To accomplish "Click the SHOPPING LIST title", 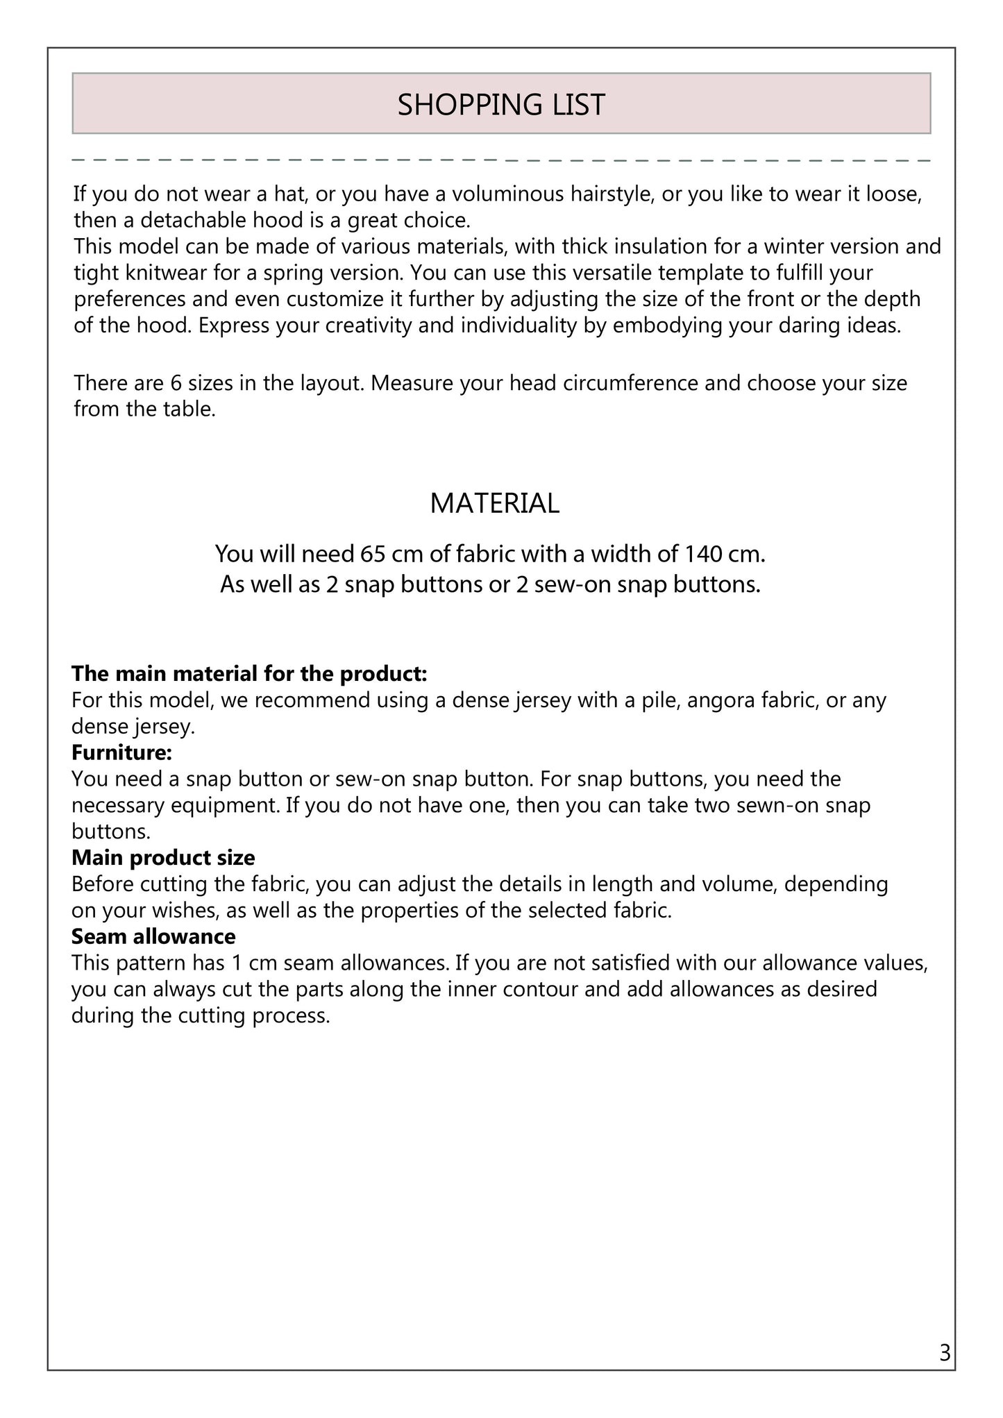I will (x=501, y=105).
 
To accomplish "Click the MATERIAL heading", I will (x=494, y=503).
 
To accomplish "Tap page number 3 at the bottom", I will (x=944, y=1353).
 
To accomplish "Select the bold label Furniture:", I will (x=121, y=752).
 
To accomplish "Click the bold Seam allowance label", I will (x=153, y=936).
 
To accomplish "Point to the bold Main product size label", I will (x=163, y=858).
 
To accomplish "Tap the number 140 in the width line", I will (x=700, y=554).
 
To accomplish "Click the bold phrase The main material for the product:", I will (x=249, y=673).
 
